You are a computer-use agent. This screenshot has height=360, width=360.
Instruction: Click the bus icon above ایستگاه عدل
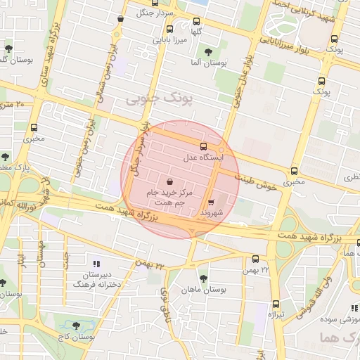click(x=204, y=146)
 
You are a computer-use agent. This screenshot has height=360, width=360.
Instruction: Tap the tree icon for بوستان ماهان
click(x=203, y=278)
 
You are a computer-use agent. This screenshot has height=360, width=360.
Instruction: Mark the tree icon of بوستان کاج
click(x=77, y=326)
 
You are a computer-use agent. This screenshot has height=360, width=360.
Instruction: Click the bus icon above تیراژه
click(x=276, y=304)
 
